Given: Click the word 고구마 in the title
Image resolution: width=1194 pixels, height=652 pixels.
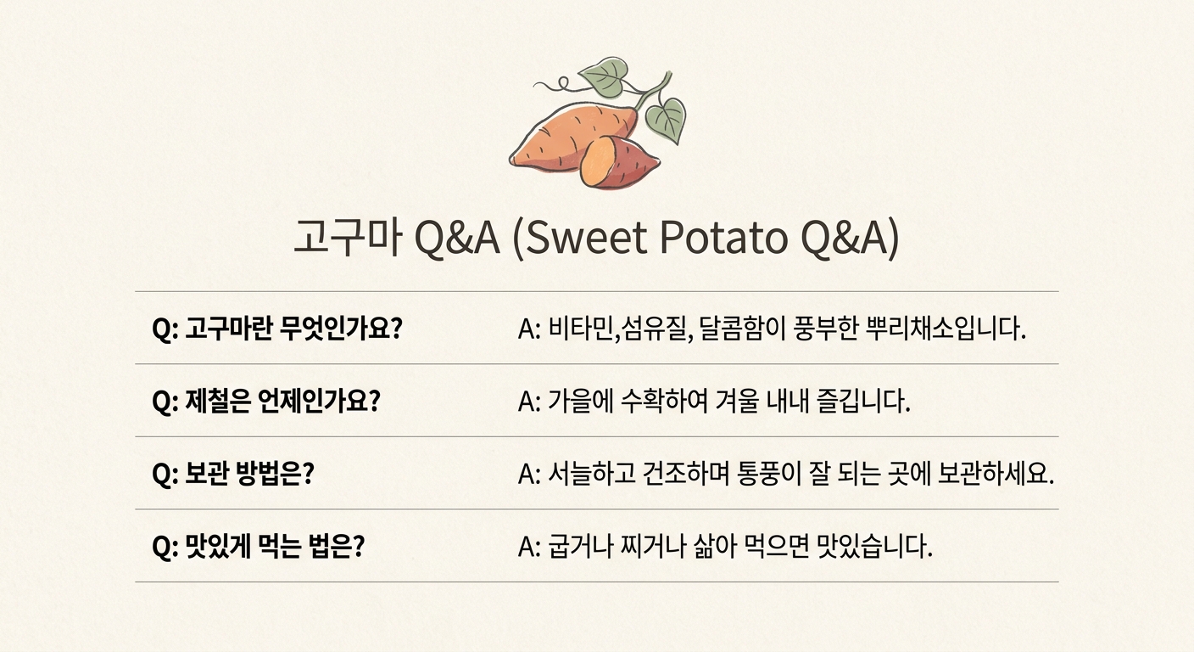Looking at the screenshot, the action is [347, 237].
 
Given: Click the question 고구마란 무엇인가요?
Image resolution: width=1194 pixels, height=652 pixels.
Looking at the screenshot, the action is [277, 329].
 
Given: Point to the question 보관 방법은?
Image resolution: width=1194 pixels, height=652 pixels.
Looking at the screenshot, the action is [233, 474].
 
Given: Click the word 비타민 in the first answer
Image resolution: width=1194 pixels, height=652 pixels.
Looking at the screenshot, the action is [581, 329].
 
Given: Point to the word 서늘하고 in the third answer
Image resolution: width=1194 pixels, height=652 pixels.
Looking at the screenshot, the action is [592, 474].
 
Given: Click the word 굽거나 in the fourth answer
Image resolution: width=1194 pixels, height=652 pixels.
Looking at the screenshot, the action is [581, 547].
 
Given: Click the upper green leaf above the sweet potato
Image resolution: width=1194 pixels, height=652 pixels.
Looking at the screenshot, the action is [605, 78].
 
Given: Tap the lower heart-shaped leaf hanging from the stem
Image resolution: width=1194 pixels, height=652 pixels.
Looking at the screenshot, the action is [667, 120].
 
